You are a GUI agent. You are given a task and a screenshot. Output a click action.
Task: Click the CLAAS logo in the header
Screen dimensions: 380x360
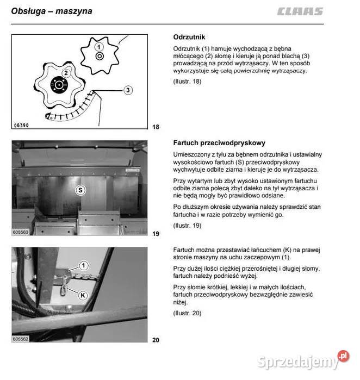[299, 11]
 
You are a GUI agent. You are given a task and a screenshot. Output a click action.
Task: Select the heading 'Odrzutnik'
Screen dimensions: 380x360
[189, 38]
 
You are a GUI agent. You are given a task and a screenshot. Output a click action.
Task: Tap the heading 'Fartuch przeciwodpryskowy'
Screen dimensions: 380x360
[219, 143]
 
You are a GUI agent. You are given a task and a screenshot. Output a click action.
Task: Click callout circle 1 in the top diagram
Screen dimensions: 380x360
[99, 47]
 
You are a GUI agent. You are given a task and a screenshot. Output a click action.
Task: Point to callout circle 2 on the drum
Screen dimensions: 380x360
[65, 72]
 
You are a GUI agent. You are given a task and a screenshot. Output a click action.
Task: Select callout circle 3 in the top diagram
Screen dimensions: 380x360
[128, 90]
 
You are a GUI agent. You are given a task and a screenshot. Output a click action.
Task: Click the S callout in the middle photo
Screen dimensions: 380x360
[80, 190]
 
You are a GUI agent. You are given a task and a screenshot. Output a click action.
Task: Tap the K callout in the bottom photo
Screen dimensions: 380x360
[83, 295]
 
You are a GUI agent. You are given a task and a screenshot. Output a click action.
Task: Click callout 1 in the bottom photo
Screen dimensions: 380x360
[83, 266]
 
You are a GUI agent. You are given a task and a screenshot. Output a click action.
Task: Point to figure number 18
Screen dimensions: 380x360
[156, 127]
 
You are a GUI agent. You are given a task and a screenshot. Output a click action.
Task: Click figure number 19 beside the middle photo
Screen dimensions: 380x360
[156, 234]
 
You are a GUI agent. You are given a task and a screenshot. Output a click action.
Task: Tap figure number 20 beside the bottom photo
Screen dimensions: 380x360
[156, 340]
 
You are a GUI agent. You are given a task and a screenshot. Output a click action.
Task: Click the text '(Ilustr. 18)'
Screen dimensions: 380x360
[187, 82]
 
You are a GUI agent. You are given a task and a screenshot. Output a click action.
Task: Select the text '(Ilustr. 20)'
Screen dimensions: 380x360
[187, 313]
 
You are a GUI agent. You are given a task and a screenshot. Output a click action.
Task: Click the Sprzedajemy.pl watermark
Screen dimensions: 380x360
[305, 361]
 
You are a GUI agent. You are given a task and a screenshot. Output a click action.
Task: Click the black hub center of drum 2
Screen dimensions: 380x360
[58, 84]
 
